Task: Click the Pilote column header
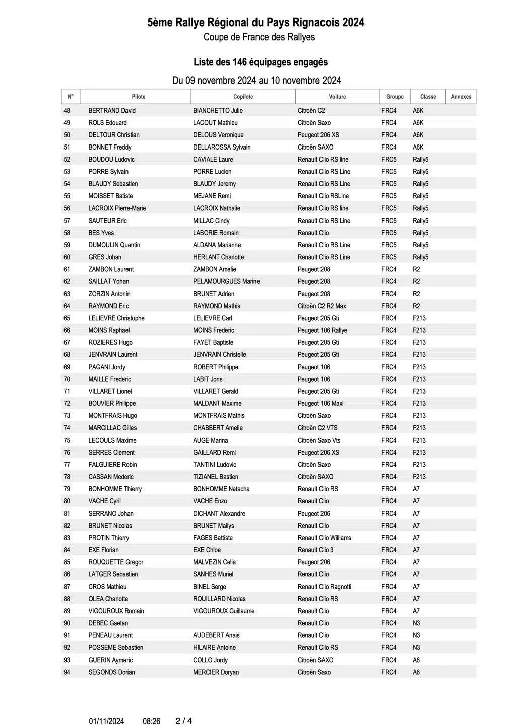(x=138, y=97)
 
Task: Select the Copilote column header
(x=243, y=97)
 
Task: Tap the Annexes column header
(x=461, y=97)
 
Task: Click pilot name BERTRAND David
(x=112, y=111)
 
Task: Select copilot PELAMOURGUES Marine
(x=226, y=281)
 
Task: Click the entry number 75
(x=67, y=440)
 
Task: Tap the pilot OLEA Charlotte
(x=108, y=599)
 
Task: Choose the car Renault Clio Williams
(x=324, y=538)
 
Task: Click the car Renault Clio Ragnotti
(x=324, y=587)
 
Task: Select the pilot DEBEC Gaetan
(x=108, y=623)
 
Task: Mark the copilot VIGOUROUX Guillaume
(x=224, y=611)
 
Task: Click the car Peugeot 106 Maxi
(x=320, y=403)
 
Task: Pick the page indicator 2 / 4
(x=183, y=721)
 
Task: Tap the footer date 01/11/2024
(x=106, y=721)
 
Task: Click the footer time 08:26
(x=151, y=721)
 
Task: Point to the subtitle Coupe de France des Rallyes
(x=259, y=37)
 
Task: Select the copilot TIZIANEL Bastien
(x=216, y=477)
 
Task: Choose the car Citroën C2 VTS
(x=317, y=428)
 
